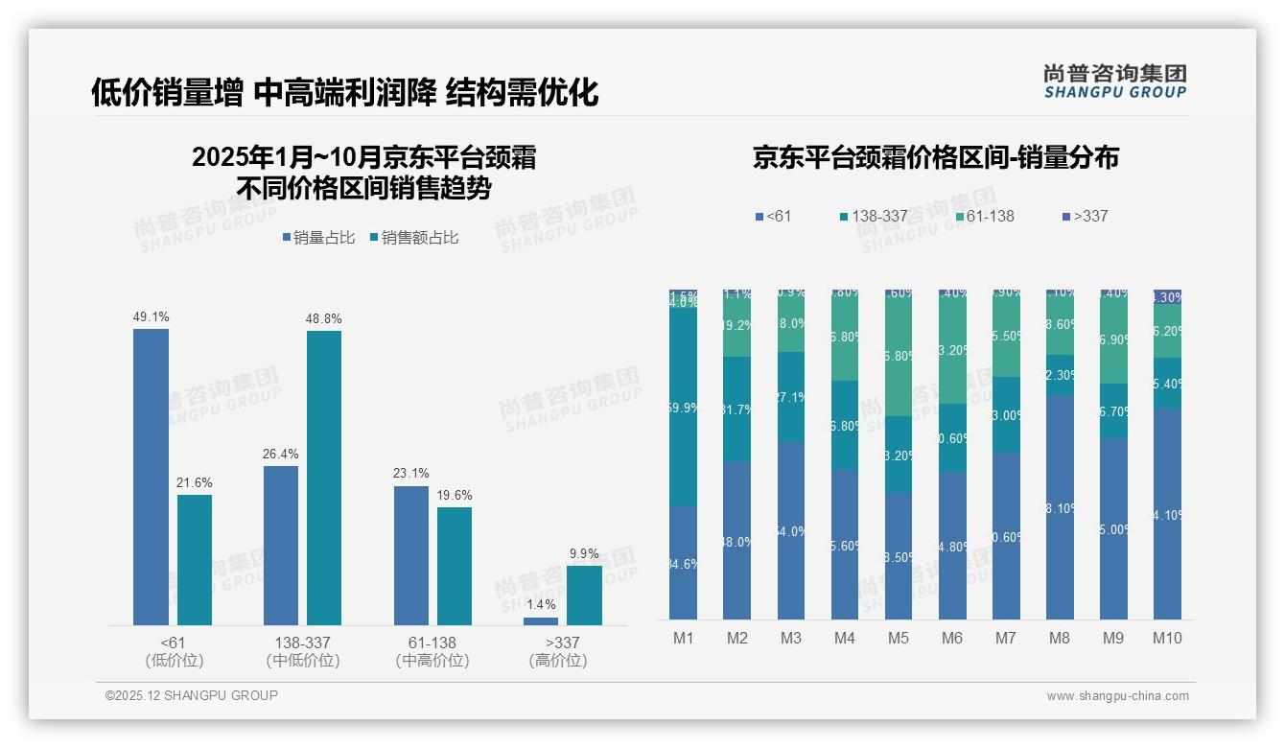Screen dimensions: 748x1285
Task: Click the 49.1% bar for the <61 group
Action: (x=151, y=477)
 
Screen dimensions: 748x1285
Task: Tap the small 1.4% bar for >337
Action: (x=541, y=620)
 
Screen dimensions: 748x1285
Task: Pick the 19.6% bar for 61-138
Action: (x=455, y=566)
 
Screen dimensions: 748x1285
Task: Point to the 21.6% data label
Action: (x=194, y=482)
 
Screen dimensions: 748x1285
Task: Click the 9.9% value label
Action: (x=584, y=553)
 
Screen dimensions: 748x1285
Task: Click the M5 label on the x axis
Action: (x=898, y=638)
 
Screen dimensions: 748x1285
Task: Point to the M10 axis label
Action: (x=1167, y=638)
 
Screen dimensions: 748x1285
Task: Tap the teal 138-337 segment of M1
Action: (x=683, y=407)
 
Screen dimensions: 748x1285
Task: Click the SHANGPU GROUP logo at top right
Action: (x=1114, y=82)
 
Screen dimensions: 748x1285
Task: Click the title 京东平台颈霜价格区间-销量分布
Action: (x=935, y=158)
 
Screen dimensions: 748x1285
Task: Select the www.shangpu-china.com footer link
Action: (x=1117, y=696)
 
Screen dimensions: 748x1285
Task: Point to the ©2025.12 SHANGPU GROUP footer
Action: (x=192, y=695)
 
